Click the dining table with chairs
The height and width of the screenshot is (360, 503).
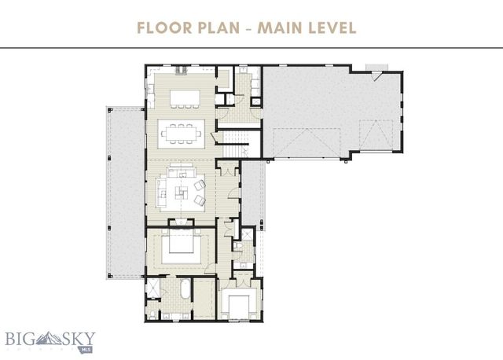182,133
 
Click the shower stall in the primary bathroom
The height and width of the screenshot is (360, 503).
152,290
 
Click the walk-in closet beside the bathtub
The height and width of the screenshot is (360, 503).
204,299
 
